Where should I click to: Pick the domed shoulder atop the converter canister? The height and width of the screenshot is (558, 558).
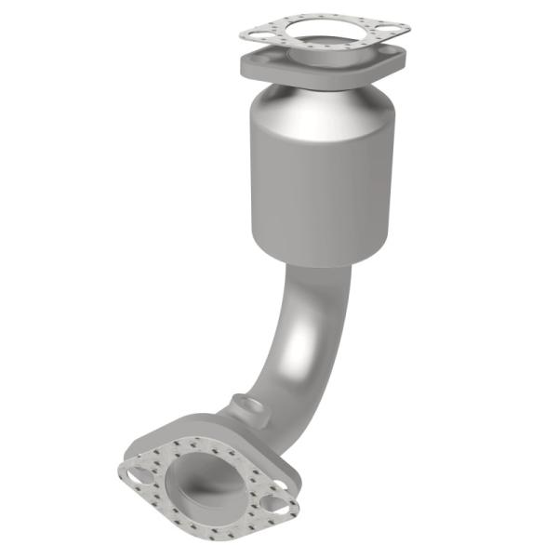(321, 105)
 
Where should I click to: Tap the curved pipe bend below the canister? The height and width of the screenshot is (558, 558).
(298, 335)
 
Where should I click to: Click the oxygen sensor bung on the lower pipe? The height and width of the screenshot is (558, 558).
(246, 406)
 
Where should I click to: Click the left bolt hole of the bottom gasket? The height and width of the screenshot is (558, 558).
(139, 474)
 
